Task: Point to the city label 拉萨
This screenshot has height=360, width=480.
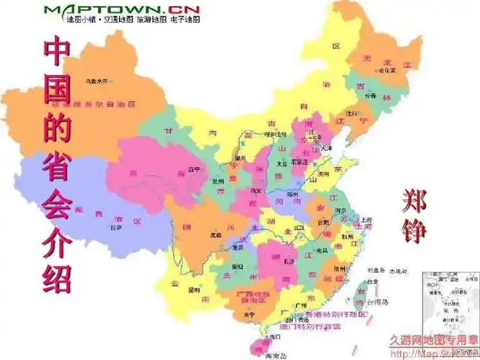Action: [116, 228]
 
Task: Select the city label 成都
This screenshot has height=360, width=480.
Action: [214, 235]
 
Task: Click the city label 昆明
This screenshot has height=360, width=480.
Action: [194, 289]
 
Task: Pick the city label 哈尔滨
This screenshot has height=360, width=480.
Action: [388, 71]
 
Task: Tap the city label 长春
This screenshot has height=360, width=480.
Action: [370, 94]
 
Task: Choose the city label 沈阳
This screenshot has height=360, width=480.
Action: [350, 113]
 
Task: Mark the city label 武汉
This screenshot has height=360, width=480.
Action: [299, 227]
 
